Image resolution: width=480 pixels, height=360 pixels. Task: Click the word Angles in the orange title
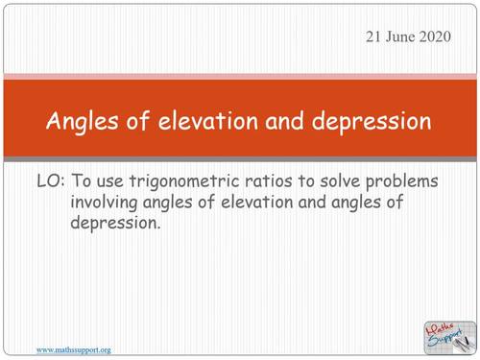coord(78,123)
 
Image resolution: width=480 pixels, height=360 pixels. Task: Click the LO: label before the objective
coord(50,181)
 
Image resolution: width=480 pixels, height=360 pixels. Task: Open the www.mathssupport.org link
coord(73,350)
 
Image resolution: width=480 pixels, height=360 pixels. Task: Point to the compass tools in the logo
coord(463,338)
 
